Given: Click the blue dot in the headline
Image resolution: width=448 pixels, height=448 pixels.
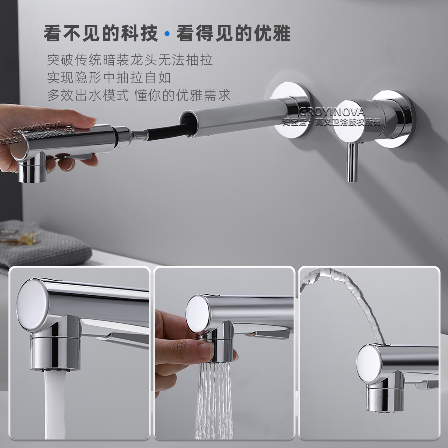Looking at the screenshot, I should point(167,34).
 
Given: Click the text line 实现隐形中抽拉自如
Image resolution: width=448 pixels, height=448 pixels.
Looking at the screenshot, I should point(109,77).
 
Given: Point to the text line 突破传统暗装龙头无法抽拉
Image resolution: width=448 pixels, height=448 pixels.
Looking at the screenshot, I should point(130,60).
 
